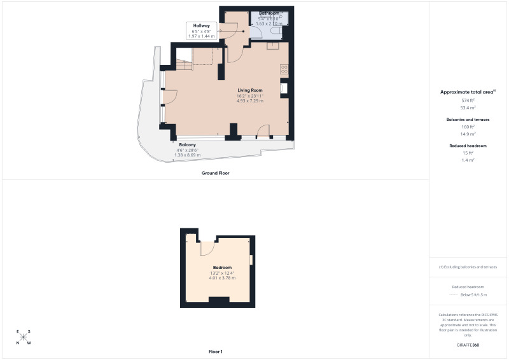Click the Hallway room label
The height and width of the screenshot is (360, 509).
pos(202,26)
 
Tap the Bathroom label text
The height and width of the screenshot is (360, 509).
pos(268,13)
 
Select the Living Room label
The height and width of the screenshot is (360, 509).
pos(250,90)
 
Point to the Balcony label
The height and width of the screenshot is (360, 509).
pos(187,144)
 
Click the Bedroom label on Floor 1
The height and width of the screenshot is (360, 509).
pos(222,267)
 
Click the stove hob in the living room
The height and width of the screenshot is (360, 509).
pos(284,70)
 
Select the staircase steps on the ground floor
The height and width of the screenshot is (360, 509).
pos(184,64)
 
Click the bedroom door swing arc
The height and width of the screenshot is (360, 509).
pos(207,249)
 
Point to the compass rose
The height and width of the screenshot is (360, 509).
pos(24,337)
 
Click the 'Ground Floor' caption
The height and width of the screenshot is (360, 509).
pos(215,173)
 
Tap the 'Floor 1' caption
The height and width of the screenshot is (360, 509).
pos(216,351)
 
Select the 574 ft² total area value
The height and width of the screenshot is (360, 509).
pos(468,100)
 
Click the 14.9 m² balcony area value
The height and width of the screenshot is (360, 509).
pos(468,134)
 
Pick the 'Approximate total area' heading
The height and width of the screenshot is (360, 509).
pos(467,92)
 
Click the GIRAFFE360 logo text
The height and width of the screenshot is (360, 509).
pos(468,345)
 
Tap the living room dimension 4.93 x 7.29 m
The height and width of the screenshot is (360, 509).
pos(250,100)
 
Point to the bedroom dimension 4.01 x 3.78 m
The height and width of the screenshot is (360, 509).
pos(222,278)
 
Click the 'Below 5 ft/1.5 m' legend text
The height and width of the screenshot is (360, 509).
pos(473,295)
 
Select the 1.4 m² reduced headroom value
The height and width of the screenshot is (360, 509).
pos(468,160)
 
